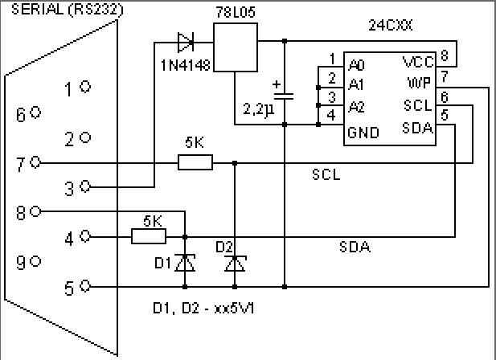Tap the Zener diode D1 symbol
pos(186,262)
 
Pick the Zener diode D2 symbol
pos(235,262)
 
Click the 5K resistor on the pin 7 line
pos(195,163)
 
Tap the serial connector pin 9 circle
pos(35,260)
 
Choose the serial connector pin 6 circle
pos(35,113)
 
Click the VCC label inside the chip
pos(418,62)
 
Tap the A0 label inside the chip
pos(356,62)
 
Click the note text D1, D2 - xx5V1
pos(209,308)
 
